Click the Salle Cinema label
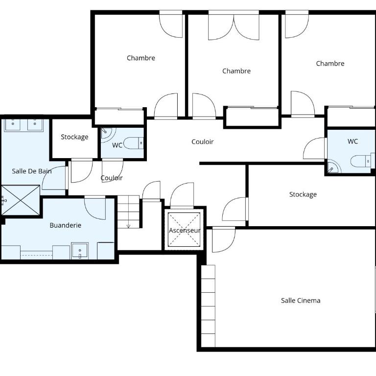point(301,301)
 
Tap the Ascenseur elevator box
point(184,230)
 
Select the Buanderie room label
point(65,225)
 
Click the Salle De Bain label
point(32,171)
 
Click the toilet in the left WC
point(134,143)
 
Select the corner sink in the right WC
point(333,168)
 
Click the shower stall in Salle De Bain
point(21,200)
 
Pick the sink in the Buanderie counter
point(80,251)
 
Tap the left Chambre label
point(141,58)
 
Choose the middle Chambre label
point(236,70)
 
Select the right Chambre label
point(330,63)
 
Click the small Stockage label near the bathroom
point(74,137)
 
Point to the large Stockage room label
point(303,194)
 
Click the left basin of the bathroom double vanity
point(13,124)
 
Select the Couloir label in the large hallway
point(203,141)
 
